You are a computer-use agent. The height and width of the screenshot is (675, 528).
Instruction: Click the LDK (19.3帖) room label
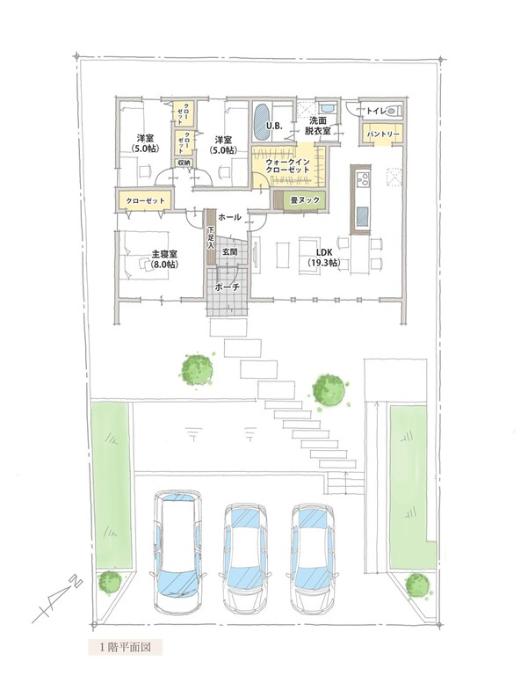(x=323, y=257)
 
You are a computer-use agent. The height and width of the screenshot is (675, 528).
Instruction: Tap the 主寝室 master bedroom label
(x=164, y=259)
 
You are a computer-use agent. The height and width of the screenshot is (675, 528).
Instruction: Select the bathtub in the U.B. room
(x=262, y=121)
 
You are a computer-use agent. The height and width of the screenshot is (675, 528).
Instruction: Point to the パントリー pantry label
(x=382, y=134)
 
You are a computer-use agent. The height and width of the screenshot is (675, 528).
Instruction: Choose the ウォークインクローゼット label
(x=287, y=166)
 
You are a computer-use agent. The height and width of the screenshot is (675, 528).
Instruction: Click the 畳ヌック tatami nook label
(x=304, y=200)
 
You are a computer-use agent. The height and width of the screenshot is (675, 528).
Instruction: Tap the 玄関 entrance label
(x=229, y=252)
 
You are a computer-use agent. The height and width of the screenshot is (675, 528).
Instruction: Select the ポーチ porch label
(x=228, y=287)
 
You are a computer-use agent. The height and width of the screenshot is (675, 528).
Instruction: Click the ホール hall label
(x=229, y=217)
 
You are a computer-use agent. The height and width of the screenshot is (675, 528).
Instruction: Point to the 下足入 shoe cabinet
(x=211, y=237)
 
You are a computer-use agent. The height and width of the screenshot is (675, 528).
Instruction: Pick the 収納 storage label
(x=184, y=163)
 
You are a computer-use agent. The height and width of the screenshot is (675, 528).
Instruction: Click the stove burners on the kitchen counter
(x=363, y=178)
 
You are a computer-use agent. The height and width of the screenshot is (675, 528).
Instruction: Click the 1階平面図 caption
(x=126, y=647)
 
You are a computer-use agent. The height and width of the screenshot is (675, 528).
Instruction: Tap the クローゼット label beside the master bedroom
(x=146, y=200)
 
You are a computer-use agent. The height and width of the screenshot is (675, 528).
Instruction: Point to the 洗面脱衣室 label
(x=317, y=127)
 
